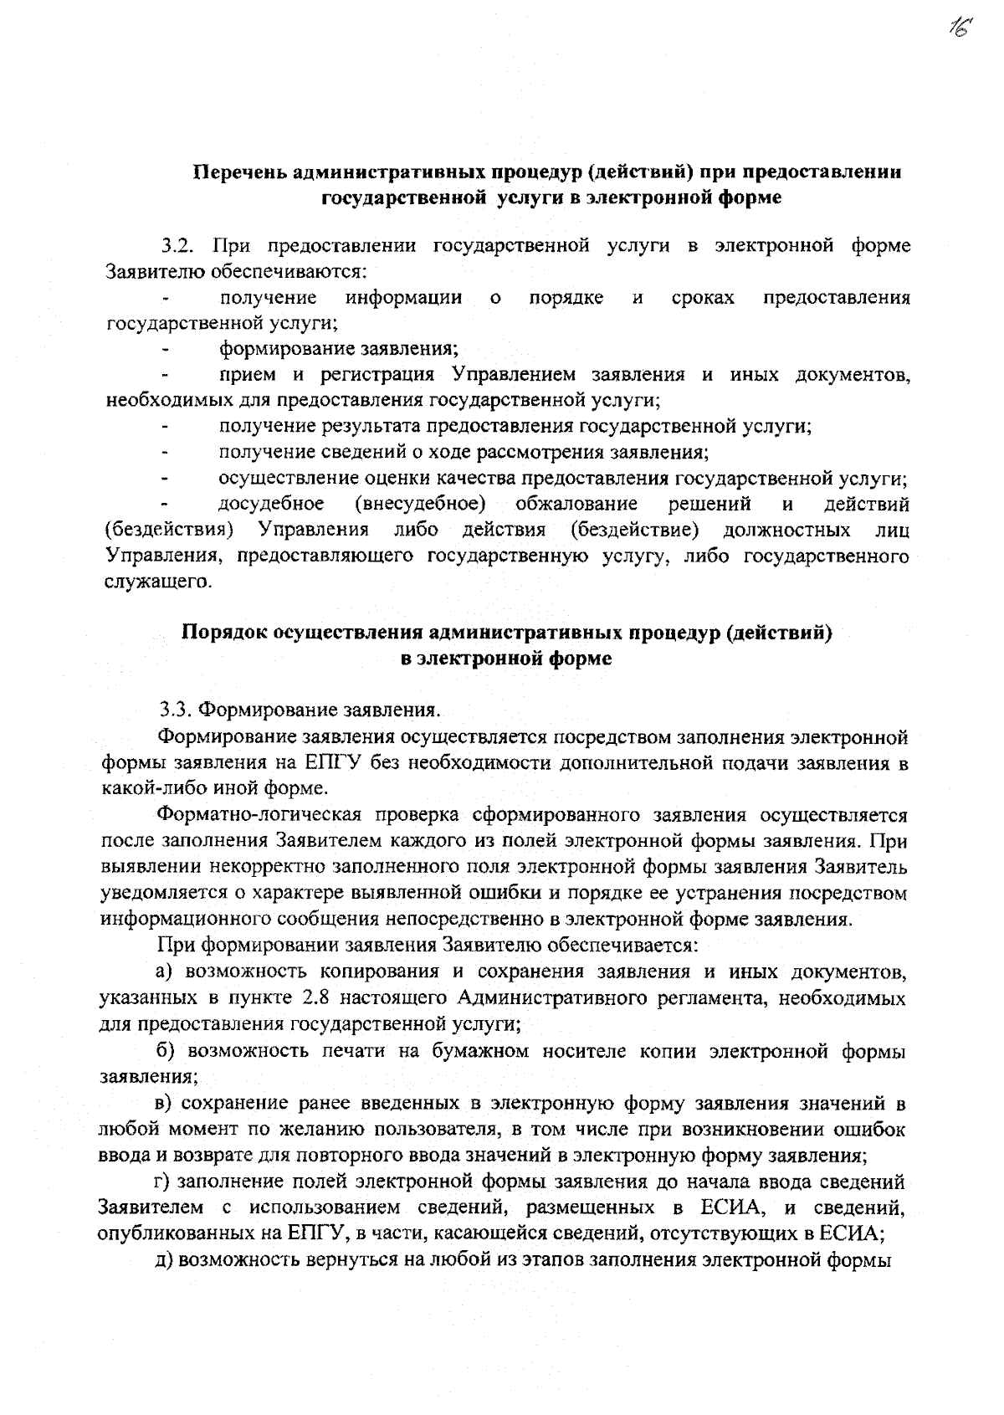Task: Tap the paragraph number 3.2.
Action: (177, 246)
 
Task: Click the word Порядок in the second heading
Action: (225, 633)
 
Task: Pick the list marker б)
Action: (168, 1051)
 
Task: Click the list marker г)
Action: (164, 1182)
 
